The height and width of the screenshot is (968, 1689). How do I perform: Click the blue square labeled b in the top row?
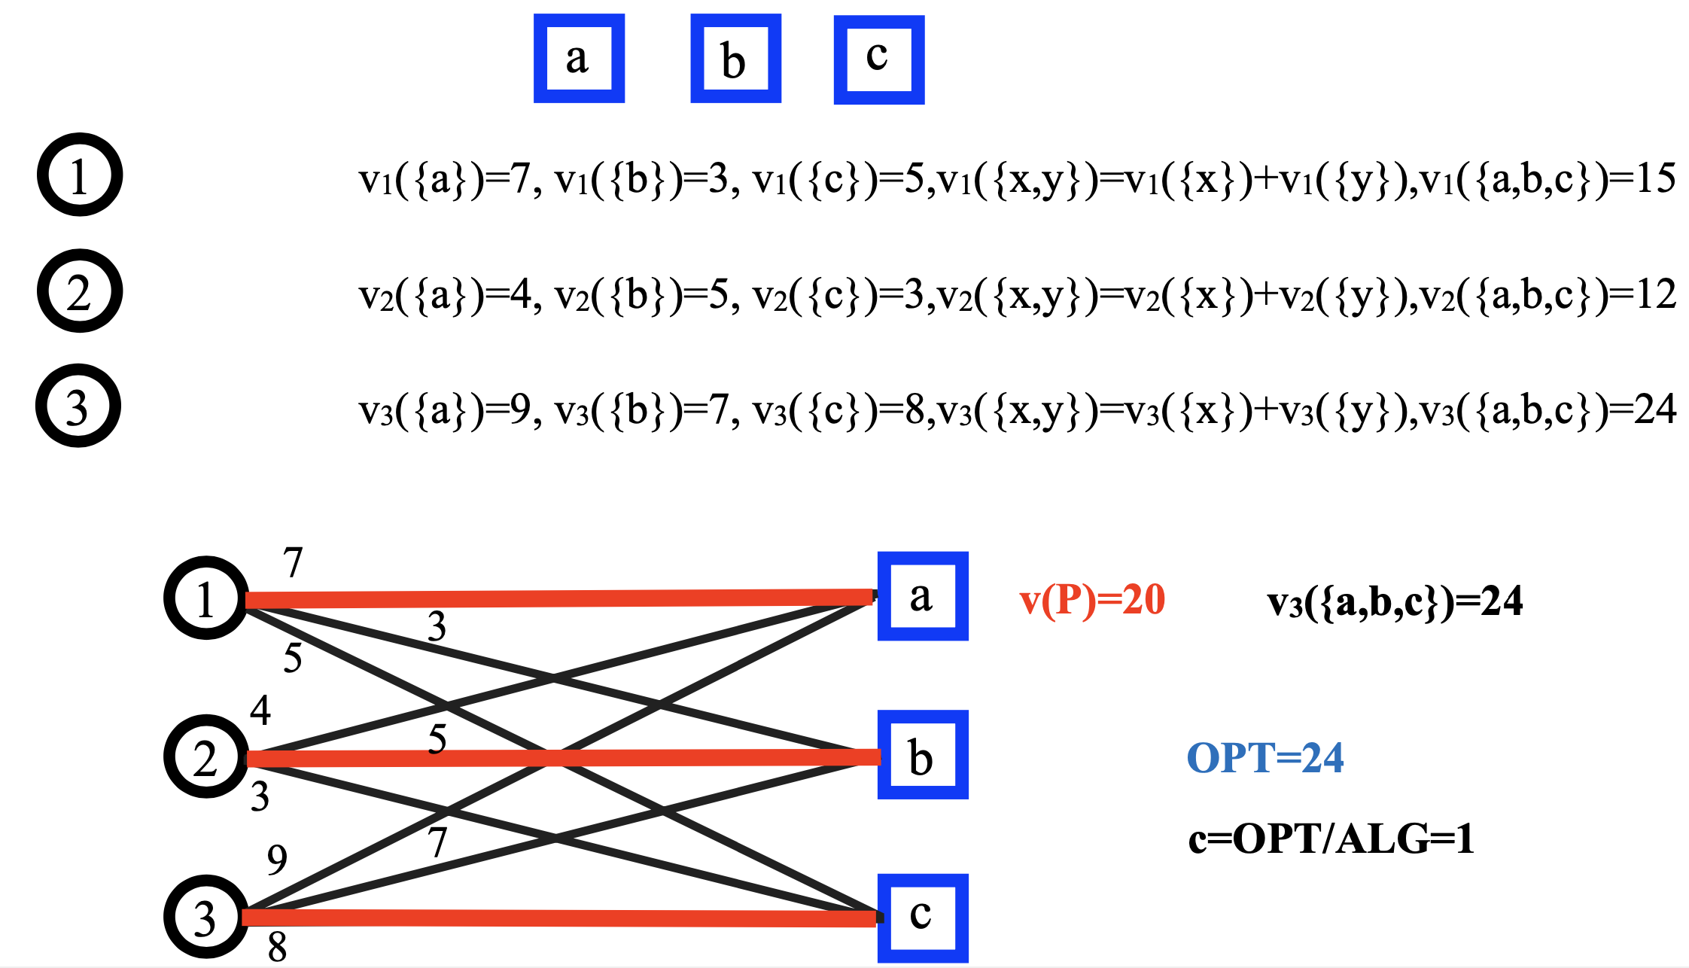coord(735,59)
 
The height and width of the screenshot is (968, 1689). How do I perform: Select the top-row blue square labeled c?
coord(878,59)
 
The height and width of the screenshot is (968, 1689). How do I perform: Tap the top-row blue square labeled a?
coord(579,58)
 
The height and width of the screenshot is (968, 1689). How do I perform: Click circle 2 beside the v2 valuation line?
coord(79,291)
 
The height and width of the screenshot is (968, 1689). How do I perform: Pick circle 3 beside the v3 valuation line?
coord(78,406)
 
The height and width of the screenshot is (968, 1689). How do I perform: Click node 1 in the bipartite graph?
coord(205,598)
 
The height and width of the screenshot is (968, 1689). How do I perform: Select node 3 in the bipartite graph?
coord(205,917)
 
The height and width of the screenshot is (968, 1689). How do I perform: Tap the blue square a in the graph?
coord(922,596)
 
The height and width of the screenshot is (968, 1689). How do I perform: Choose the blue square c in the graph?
coord(922,918)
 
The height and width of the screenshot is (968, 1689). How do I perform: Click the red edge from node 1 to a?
coord(557,598)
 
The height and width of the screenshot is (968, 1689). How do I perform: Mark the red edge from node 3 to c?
coord(557,918)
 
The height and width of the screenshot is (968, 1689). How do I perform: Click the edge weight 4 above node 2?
coord(260,710)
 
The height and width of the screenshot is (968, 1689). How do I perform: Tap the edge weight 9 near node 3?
coord(277,859)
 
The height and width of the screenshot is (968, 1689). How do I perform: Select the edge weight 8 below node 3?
coord(277,947)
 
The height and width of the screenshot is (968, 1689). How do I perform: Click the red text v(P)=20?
coord(1091,601)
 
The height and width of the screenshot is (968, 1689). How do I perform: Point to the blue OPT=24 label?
coord(1264,758)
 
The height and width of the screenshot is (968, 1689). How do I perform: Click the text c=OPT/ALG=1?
coord(1330,839)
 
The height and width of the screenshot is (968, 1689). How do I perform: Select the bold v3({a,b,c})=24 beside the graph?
coord(1395,602)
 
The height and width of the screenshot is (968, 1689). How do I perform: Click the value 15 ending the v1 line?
coord(1654,178)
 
